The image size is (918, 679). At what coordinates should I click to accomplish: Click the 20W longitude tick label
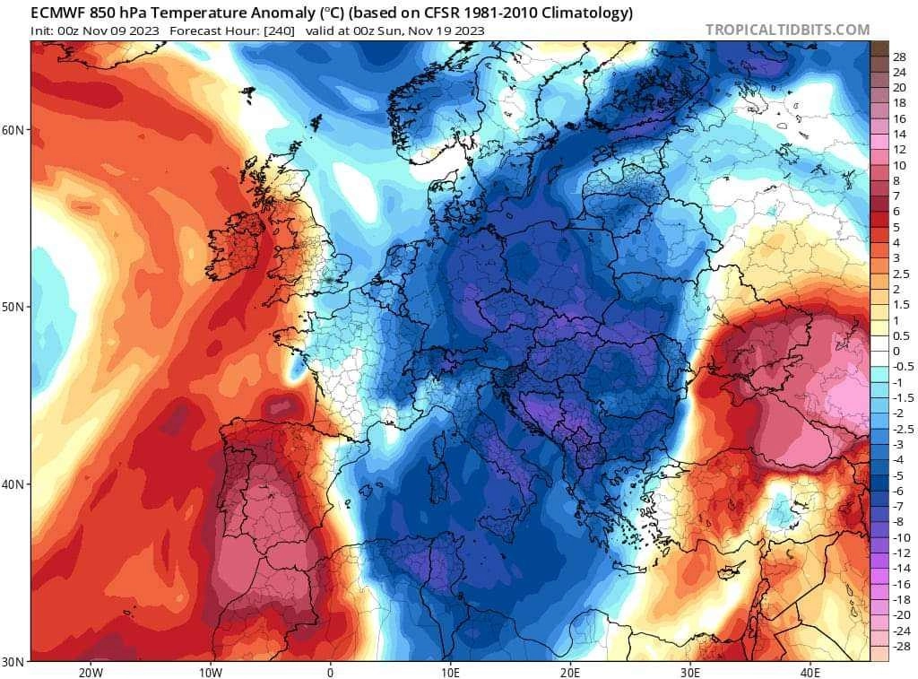(90, 672)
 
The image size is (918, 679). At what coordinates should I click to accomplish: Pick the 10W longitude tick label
(210, 672)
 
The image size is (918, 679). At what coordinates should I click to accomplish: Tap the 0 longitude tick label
(330, 672)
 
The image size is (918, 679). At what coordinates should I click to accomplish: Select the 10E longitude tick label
(450, 672)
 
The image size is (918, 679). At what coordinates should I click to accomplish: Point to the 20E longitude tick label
(570, 672)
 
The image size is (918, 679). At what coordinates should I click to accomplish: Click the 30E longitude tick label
(690, 672)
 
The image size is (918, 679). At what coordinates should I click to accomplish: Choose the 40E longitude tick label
(810, 672)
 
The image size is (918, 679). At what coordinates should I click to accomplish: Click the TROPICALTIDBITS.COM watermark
(787, 30)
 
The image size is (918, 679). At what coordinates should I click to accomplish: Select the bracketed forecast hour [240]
(279, 30)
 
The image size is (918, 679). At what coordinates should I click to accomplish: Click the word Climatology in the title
(586, 13)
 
